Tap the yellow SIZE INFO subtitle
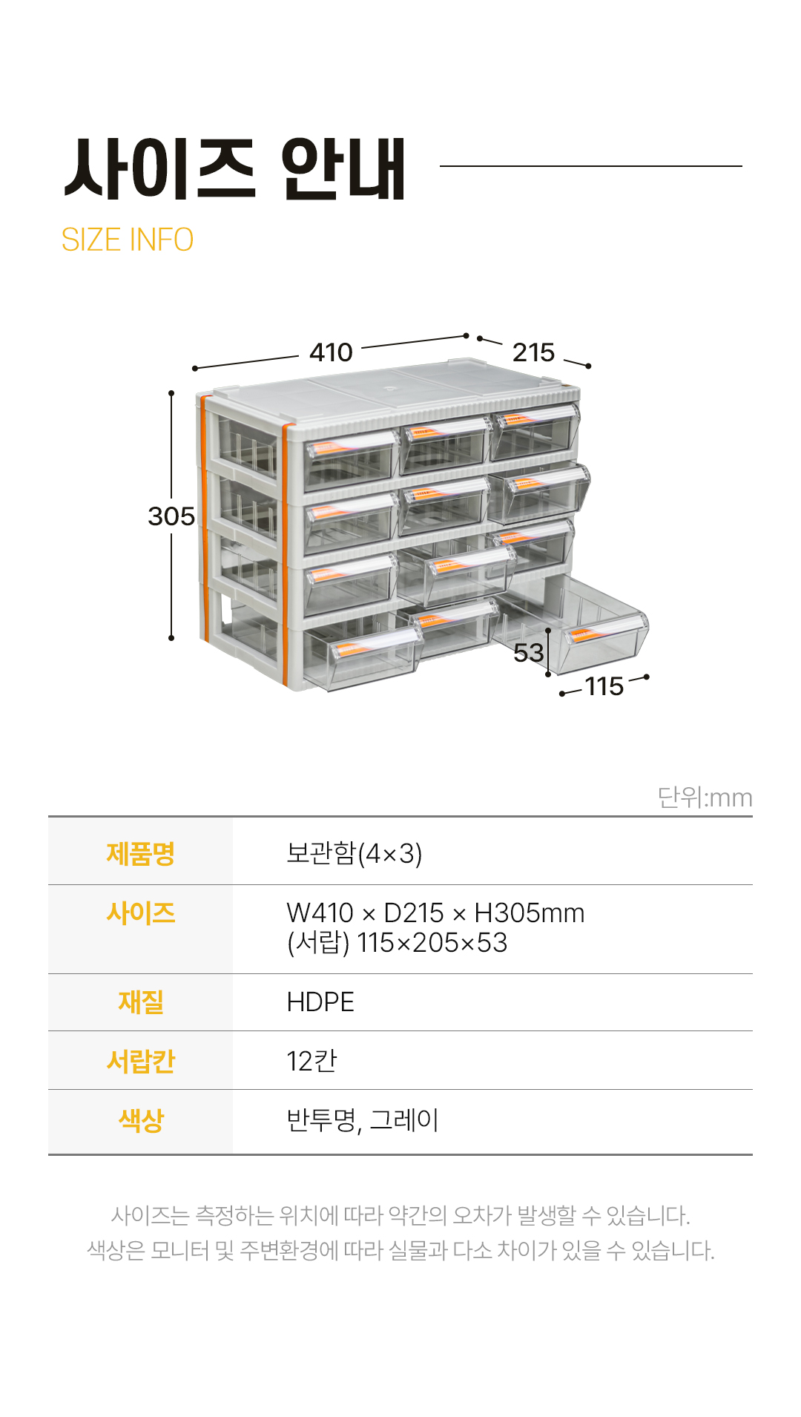tap(127, 240)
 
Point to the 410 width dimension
tap(331, 352)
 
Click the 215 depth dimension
tap(533, 352)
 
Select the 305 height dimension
tap(171, 516)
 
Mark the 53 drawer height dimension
tap(528, 653)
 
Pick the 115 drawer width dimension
tap(604, 687)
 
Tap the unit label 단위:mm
tap(705, 798)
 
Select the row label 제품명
tap(140, 853)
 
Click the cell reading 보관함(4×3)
tap(354, 853)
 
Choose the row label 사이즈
tap(140, 913)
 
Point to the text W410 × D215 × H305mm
tap(435, 913)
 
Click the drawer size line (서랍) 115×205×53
tap(397, 943)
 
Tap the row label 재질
tap(140, 1002)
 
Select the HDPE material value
tap(320, 1002)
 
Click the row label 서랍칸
tap(140, 1061)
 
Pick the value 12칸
tap(311, 1061)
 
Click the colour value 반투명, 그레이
tap(363, 1120)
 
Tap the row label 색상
tap(140, 1120)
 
